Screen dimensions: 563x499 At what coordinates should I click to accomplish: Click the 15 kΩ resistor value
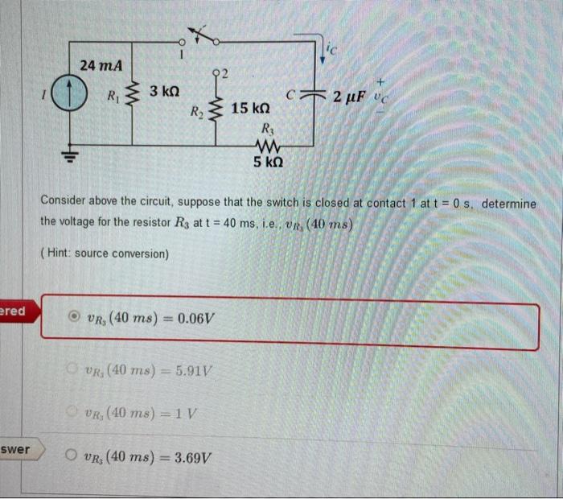click(x=250, y=108)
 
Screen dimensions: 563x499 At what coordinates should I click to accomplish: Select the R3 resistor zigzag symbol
click(x=266, y=146)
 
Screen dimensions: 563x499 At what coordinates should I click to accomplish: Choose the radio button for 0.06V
click(x=74, y=317)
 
